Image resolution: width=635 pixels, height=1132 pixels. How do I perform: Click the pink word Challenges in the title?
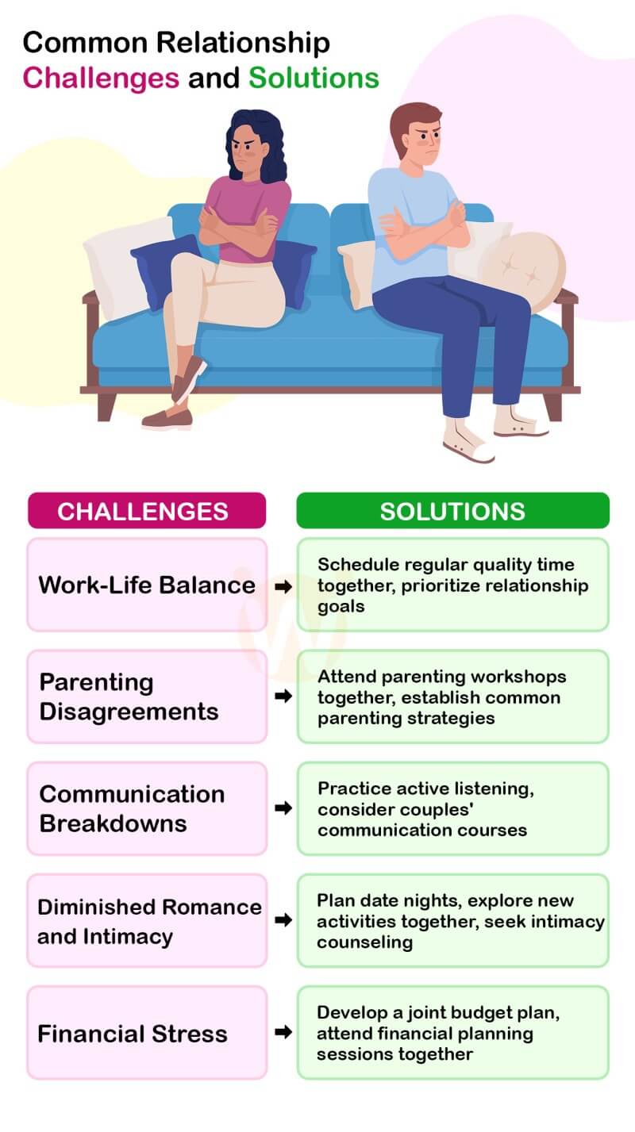tap(100, 78)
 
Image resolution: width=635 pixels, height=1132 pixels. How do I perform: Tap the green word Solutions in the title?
tap(314, 78)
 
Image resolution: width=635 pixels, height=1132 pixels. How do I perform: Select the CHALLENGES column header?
tap(147, 510)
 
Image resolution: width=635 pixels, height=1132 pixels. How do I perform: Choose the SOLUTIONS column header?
tap(452, 510)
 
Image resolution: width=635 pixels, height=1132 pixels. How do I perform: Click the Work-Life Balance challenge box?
tap(147, 585)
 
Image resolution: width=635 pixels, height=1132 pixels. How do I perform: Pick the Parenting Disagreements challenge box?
tap(147, 696)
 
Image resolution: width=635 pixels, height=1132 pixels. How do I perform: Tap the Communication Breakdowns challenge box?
tap(147, 808)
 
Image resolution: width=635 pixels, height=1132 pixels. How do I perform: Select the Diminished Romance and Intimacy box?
tap(147, 920)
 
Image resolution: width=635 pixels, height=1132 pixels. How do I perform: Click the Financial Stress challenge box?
tap(147, 1033)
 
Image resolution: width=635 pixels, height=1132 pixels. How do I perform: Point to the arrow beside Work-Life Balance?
tap(282, 586)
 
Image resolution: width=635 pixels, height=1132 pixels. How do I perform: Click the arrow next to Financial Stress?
tap(282, 1033)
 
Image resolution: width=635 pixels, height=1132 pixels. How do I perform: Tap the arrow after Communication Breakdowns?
tap(282, 808)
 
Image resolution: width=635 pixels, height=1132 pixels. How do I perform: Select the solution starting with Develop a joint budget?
tap(452, 1033)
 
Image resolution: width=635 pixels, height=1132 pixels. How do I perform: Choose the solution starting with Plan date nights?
tap(452, 920)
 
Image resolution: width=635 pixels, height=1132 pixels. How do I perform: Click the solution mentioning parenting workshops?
tap(452, 696)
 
